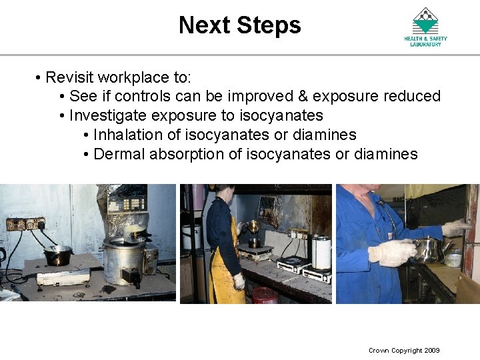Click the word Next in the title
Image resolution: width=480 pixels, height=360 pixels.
point(201,25)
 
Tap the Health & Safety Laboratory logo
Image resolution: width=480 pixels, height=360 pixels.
point(425,26)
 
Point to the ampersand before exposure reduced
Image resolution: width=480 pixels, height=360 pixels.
point(303,97)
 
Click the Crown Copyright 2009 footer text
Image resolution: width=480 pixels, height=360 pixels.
point(404,351)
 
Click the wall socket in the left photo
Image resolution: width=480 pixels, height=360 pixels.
point(25,224)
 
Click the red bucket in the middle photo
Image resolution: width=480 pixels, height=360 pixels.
point(265,295)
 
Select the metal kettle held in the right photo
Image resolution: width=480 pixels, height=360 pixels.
point(429,249)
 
